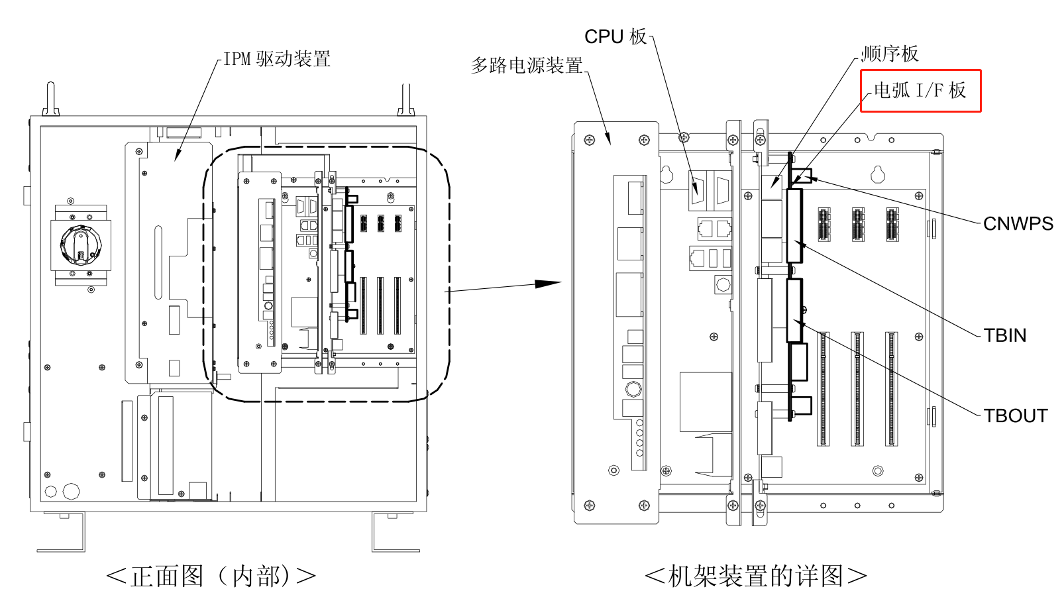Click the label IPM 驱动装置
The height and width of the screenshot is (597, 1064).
pos(276,59)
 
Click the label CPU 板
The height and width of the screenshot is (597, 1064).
pos(615,36)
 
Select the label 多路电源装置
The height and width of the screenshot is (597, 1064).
pos(527,65)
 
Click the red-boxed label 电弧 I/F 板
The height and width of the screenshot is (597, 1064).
pos(920,91)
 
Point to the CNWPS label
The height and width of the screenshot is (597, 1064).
pos(1018,224)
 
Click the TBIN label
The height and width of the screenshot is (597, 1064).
pos(1004,335)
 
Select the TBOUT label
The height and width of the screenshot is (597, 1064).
pos(1015,415)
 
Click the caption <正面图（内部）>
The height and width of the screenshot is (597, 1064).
pos(211,576)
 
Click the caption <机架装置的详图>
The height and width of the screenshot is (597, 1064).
pos(755,576)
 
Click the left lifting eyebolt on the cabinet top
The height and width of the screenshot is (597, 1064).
pos(50,99)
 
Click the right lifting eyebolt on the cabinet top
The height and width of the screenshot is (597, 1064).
pos(406,99)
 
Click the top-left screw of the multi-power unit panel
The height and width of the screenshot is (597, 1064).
pos(589,140)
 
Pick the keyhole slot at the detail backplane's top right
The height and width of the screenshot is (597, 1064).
pos(878,174)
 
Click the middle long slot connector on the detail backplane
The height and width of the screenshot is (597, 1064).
pos(857,389)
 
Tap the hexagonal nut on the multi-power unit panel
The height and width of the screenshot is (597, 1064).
pos(633,388)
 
